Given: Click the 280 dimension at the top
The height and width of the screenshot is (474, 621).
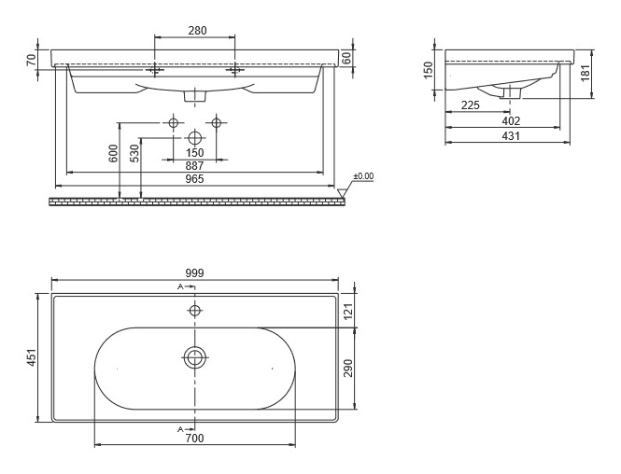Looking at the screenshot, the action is [x=197, y=31].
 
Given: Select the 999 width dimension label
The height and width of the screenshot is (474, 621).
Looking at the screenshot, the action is [x=194, y=273].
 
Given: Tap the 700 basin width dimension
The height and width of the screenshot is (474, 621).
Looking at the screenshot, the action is [x=194, y=439].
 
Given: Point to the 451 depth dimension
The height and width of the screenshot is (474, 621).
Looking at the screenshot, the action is [x=32, y=357].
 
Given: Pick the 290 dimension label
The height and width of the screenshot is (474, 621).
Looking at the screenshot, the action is [x=347, y=368].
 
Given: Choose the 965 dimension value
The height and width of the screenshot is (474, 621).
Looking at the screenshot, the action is [x=194, y=179].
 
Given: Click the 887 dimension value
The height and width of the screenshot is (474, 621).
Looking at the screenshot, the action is [x=194, y=166].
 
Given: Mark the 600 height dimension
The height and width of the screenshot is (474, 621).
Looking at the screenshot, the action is [x=113, y=154].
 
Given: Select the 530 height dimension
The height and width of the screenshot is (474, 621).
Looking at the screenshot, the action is [x=134, y=154].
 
